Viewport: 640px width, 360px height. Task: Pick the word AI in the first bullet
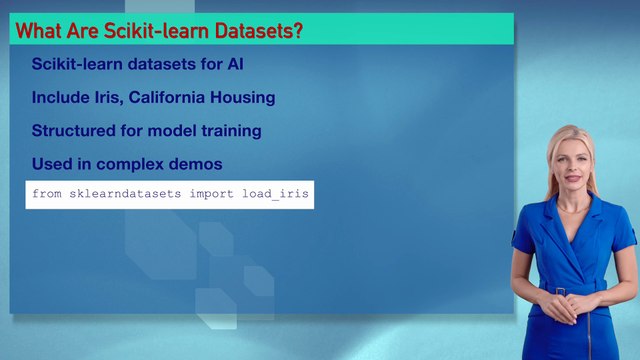point(234,65)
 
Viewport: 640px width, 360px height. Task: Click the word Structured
point(72,131)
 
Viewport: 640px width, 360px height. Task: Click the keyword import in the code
point(210,194)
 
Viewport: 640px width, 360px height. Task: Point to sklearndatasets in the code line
point(125,194)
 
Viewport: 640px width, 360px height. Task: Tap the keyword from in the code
point(46,194)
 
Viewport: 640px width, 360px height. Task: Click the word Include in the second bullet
point(59,98)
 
